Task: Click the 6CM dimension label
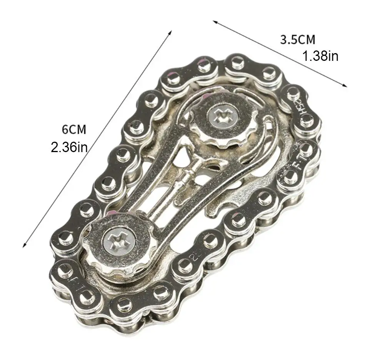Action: tap(74, 129)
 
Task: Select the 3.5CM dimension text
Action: tap(297, 40)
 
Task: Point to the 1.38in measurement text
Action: tap(320, 57)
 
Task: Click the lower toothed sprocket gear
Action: tap(112, 245)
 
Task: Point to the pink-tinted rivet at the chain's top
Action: tap(203, 62)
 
